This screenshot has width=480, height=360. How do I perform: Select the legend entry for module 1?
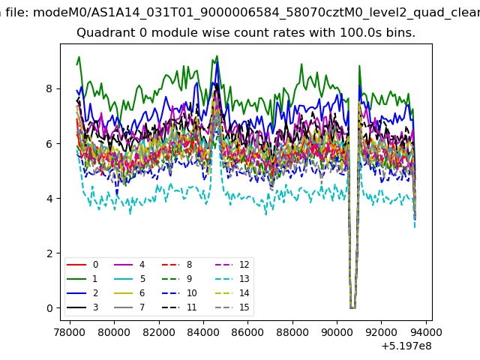click(82, 279)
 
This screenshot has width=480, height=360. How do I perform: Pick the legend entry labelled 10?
click(180, 293)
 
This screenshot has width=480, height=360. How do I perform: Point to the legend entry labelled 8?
click(177, 265)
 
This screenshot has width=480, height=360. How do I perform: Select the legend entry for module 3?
click(82, 307)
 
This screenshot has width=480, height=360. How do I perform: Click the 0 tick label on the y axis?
click(49, 308)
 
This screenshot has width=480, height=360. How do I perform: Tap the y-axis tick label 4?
click(49, 199)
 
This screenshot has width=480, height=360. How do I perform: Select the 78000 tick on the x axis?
click(70, 332)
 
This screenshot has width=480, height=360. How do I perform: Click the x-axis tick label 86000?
click(247, 332)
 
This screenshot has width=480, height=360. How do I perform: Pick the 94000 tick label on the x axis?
click(425, 332)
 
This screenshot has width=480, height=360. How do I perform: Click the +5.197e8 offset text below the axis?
click(406, 346)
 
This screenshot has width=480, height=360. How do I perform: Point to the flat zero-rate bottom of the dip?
click(352, 307)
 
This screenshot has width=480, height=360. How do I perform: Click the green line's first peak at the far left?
click(79, 57)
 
